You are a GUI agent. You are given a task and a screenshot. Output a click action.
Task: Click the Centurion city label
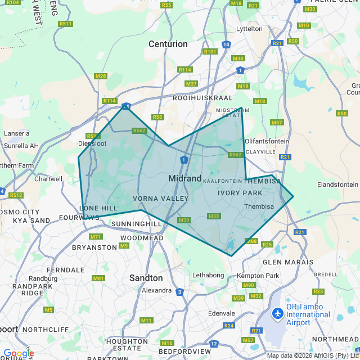[168, 44]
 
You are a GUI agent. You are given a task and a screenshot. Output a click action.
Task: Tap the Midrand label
[185, 178]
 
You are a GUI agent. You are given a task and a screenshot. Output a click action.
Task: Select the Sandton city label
[146, 278]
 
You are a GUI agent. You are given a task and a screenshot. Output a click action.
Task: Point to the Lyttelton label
[250, 29]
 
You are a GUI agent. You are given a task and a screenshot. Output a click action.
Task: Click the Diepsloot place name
[92, 143]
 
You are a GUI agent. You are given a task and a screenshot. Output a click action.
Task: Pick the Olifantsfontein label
[267, 141]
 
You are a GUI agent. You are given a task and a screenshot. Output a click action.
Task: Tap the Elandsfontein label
[337, 184]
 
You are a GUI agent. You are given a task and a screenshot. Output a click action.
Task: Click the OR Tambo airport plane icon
[277, 313]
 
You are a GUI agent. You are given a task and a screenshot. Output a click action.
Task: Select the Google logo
[18, 353]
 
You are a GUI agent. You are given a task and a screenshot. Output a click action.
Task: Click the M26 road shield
[101, 76]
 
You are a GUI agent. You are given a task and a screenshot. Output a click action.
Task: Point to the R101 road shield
[210, 52]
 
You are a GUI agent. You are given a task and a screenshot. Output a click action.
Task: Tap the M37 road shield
[191, 84]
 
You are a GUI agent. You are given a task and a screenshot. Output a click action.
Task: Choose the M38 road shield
[214, 216]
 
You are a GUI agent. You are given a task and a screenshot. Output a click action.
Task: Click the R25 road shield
[267, 244]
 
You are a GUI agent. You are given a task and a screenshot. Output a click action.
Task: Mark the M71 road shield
[96, 236]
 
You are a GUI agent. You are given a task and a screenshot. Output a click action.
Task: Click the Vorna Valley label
[161, 199]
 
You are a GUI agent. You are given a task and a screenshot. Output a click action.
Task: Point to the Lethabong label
[208, 275]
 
